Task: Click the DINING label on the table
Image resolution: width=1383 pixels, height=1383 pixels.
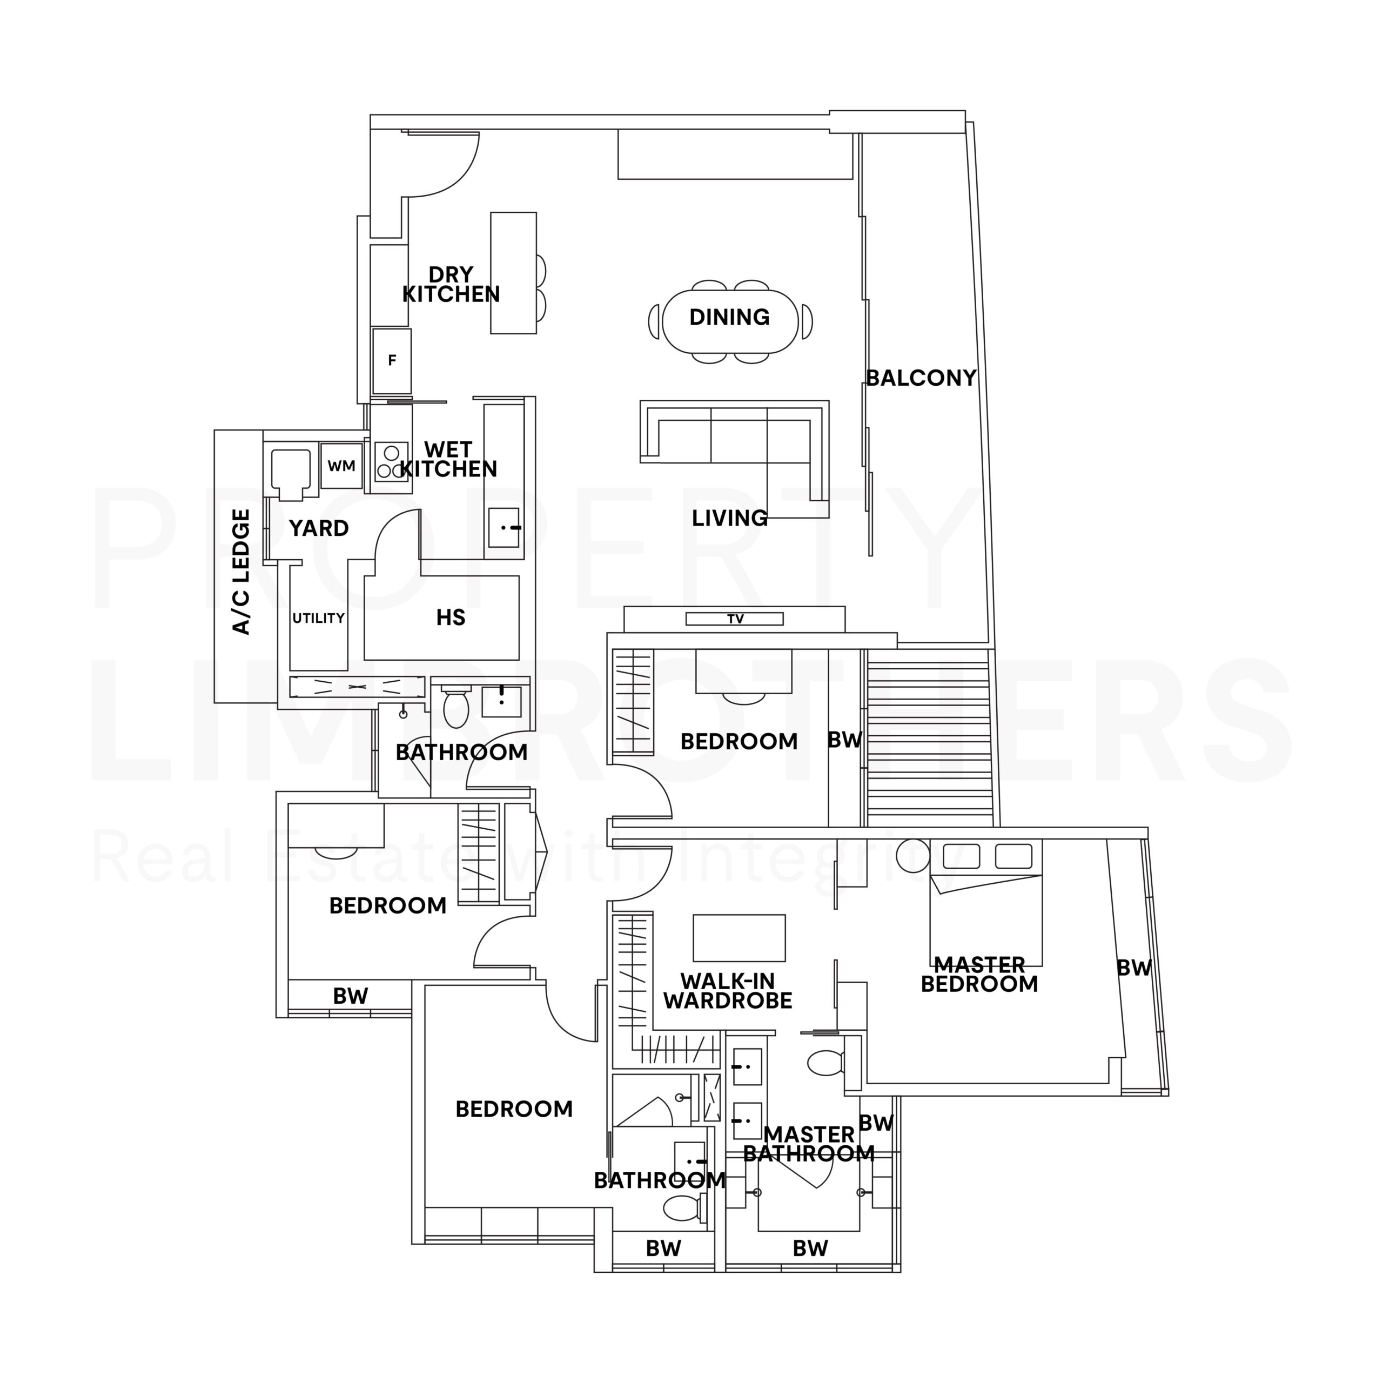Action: tap(729, 317)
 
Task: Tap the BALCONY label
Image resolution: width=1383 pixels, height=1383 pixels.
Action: tap(921, 378)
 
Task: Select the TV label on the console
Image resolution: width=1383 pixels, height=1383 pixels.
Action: tap(735, 619)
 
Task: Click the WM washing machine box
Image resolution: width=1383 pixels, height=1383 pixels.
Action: tap(341, 466)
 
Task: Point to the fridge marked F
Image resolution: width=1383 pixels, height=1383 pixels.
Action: tap(392, 361)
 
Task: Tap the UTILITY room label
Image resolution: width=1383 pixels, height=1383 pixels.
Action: tap(319, 618)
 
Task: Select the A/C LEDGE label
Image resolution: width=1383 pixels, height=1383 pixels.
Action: tap(242, 572)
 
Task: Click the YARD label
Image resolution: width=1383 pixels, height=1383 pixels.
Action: tap(319, 528)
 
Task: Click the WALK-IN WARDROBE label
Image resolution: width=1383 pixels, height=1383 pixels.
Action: tap(728, 991)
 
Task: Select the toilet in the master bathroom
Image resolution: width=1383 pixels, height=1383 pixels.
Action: tap(828, 1063)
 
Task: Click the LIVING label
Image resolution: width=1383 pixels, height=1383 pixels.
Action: tap(729, 518)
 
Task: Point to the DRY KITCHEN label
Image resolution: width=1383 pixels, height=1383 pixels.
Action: tap(451, 284)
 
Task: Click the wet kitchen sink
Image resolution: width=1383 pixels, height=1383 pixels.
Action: tap(504, 528)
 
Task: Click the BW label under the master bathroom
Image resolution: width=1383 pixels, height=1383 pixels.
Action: tap(810, 1249)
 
